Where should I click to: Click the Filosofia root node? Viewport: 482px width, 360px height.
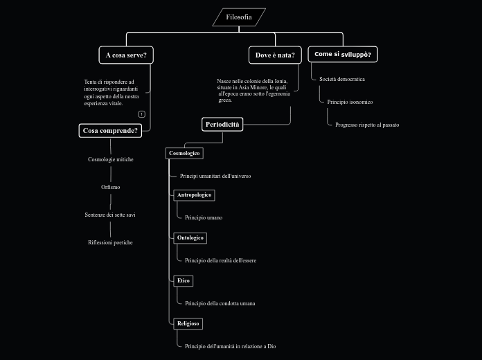click(239, 17)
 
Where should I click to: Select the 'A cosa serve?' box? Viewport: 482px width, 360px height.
click(126, 55)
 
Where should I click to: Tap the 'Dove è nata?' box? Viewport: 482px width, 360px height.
click(275, 55)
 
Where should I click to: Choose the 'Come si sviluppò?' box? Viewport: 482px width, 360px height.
click(342, 54)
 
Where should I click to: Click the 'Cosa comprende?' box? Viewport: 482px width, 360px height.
click(110, 130)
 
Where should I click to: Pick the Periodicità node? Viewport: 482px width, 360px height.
click(222, 125)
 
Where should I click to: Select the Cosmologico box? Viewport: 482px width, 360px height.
click(184, 153)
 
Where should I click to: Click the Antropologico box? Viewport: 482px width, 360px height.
click(194, 195)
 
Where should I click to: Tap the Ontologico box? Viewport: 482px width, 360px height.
click(190, 238)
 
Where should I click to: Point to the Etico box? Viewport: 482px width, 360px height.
click(183, 280)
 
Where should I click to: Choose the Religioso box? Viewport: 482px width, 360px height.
click(188, 323)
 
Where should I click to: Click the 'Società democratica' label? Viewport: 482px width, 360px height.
click(341, 80)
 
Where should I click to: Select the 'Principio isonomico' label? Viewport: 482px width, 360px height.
click(350, 102)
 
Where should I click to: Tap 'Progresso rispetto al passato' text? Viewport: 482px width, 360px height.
click(366, 125)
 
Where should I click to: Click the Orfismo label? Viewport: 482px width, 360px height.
click(110, 187)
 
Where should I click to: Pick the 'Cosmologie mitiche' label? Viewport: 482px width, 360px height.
click(110, 160)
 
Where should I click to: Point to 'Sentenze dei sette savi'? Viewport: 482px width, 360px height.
click(110, 215)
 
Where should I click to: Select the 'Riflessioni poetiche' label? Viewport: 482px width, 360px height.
click(110, 243)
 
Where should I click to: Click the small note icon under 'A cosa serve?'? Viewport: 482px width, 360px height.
click(141, 114)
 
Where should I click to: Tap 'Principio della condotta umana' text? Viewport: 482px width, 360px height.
click(220, 303)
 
